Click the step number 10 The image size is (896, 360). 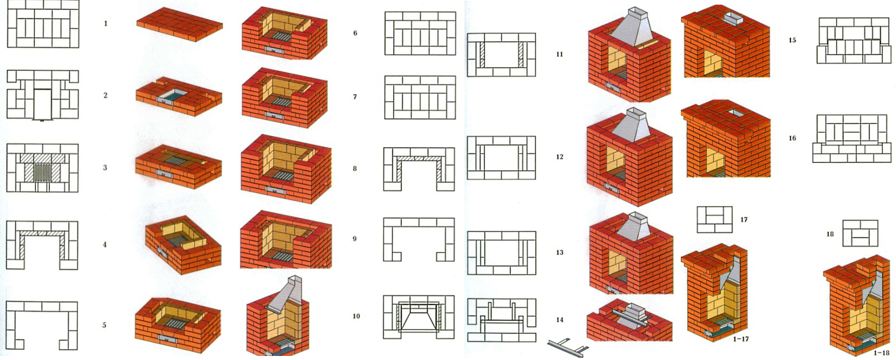(356, 316)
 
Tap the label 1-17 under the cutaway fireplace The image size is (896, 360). (741, 339)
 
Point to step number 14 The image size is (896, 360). (560, 319)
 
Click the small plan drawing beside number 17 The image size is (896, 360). (714, 220)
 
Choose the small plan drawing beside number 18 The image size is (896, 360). (860, 233)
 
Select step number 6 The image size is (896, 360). (355, 33)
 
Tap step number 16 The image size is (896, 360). (792, 139)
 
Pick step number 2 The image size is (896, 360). (105, 95)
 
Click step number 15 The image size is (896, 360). (792, 40)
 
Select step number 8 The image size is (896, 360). (355, 169)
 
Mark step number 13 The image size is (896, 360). (560, 253)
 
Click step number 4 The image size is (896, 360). (104, 245)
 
